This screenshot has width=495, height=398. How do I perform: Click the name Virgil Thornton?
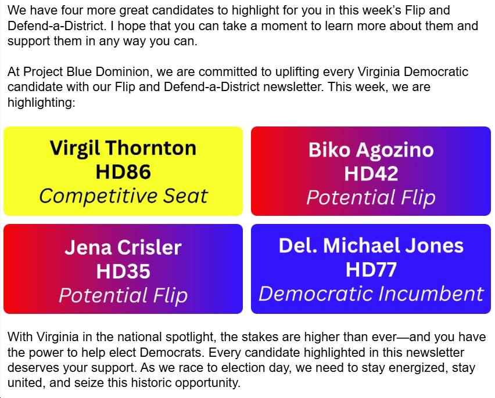pyautogui.click(x=123, y=148)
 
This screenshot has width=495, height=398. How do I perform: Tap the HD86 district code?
pyautogui.click(x=123, y=172)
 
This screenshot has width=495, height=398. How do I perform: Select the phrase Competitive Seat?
pyautogui.click(x=123, y=196)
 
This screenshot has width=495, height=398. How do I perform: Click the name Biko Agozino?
pyautogui.click(x=371, y=150)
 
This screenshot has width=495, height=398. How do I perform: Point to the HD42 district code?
pyautogui.click(x=371, y=173)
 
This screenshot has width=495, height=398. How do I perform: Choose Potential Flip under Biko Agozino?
pyautogui.click(x=371, y=198)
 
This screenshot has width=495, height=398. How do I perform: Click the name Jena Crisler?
pyautogui.click(x=123, y=247)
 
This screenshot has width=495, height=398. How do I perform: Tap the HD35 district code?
pyautogui.click(x=123, y=271)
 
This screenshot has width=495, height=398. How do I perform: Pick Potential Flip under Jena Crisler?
pyautogui.click(x=123, y=295)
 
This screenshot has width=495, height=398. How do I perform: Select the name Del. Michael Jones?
pyautogui.click(x=371, y=245)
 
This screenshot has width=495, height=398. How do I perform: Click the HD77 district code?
pyautogui.click(x=371, y=269)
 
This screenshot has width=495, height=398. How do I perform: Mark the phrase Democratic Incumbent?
pyautogui.click(x=371, y=294)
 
